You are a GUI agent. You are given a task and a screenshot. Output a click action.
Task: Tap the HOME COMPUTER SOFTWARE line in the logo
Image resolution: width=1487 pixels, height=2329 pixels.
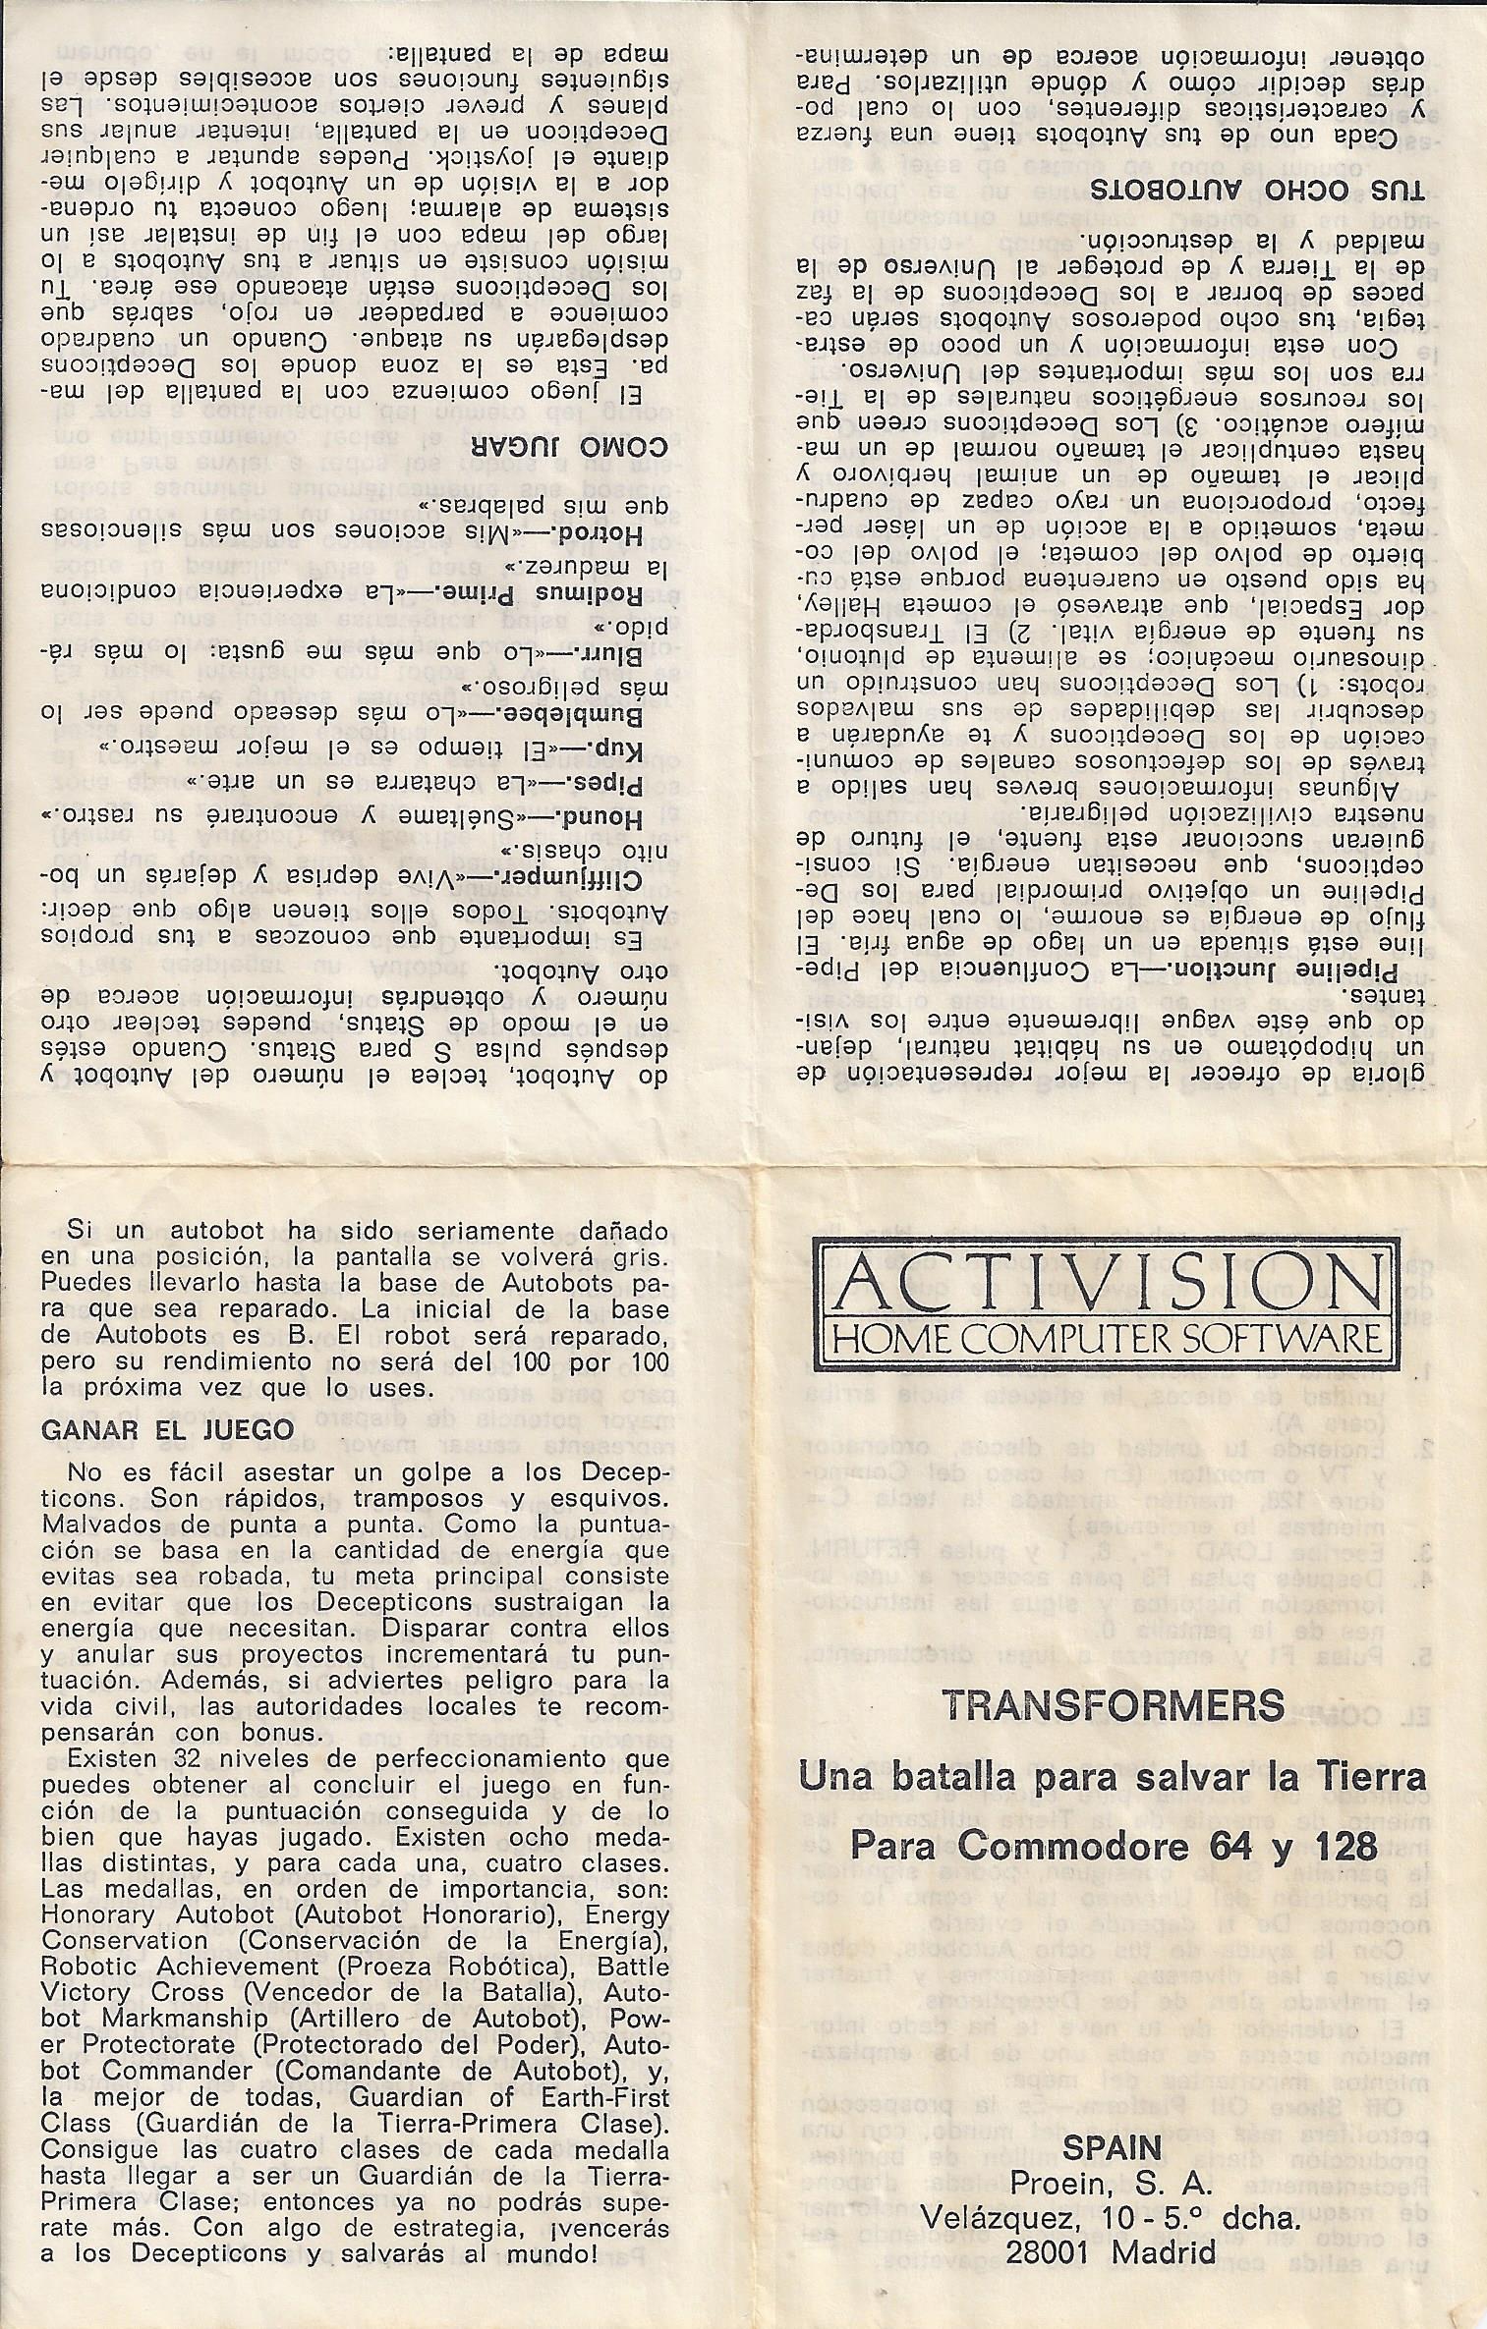tap(1108, 1338)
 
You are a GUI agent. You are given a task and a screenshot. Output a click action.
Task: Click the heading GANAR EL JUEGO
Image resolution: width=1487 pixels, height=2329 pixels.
tap(161, 1431)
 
